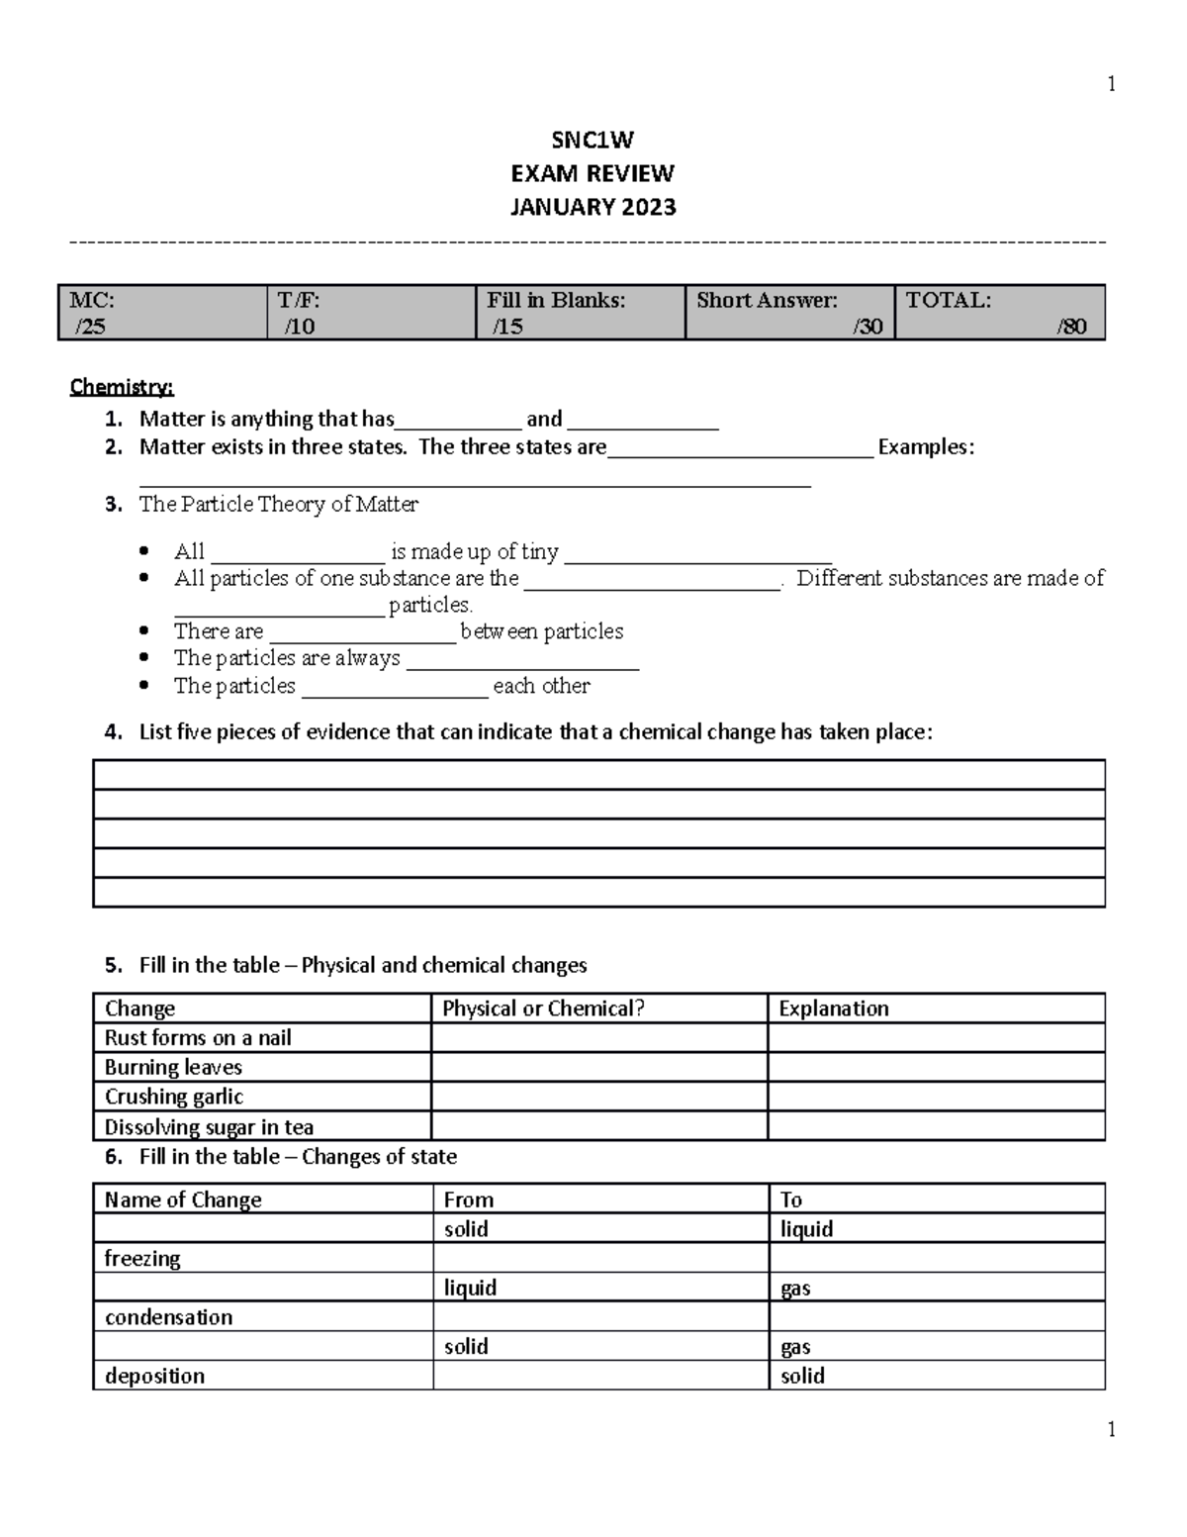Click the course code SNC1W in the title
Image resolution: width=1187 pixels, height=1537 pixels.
(593, 140)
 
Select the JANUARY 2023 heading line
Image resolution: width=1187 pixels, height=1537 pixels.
(593, 207)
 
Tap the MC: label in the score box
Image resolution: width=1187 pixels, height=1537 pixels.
(92, 300)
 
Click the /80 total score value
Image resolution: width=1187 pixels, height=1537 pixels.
(1071, 327)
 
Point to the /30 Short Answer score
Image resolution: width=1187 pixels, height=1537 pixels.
(867, 327)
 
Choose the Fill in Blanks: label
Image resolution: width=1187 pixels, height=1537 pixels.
(556, 300)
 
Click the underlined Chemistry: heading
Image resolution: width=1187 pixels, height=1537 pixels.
(122, 387)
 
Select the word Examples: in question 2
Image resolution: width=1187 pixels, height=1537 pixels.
(926, 447)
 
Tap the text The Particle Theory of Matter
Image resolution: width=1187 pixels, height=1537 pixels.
(279, 505)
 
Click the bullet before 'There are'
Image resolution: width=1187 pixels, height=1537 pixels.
(145, 630)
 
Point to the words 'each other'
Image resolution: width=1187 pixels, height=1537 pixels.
(541, 686)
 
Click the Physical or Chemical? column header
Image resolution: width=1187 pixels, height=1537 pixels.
(543, 1009)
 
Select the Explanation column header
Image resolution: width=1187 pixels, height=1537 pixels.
(834, 1009)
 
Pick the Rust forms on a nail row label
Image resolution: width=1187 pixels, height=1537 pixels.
(198, 1038)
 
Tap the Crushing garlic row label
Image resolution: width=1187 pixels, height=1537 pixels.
(174, 1097)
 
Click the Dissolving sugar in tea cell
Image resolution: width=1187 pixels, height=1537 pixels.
(209, 1127)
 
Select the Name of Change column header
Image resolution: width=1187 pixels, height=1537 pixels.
(183, 1200)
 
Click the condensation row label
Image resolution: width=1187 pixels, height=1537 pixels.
(169, 1317)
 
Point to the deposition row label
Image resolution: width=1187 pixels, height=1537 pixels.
(155, 1376)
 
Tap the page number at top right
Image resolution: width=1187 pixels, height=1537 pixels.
(1112, 84)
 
